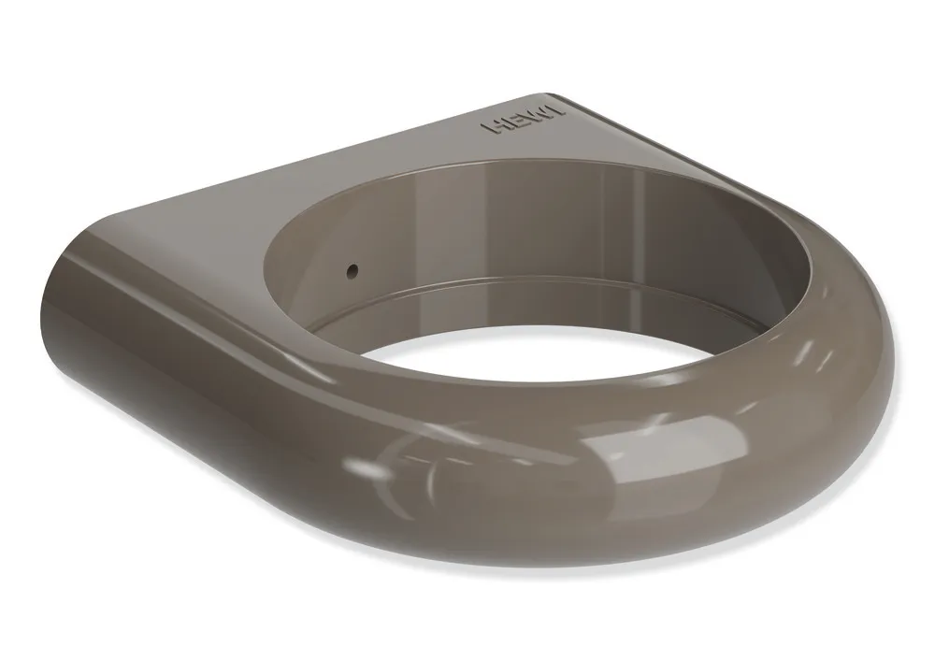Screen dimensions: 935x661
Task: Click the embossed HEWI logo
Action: coord(523,119)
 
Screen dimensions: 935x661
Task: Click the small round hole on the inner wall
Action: coord(352,271)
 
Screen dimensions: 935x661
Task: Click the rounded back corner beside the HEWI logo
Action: coord(546,96)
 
